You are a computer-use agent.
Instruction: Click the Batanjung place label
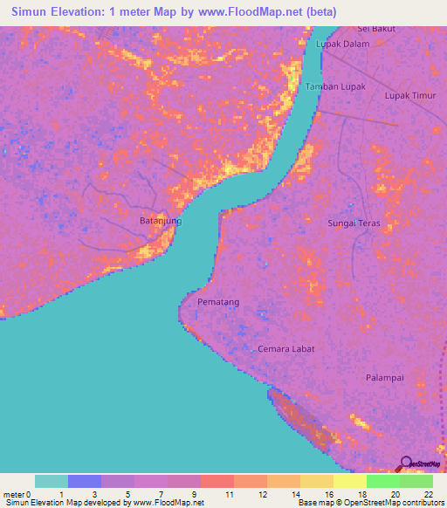(161, 221)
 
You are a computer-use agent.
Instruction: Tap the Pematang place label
(218, 302)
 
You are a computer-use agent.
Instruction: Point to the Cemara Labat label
(285, 348)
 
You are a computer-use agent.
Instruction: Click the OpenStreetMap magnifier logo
(406, 463)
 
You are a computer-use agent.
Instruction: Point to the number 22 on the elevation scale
(428, 494)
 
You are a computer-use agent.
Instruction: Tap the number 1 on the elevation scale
(61, 494)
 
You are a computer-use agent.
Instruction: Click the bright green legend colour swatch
(382, 481)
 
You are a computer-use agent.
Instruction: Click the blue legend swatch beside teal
(85, 481)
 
